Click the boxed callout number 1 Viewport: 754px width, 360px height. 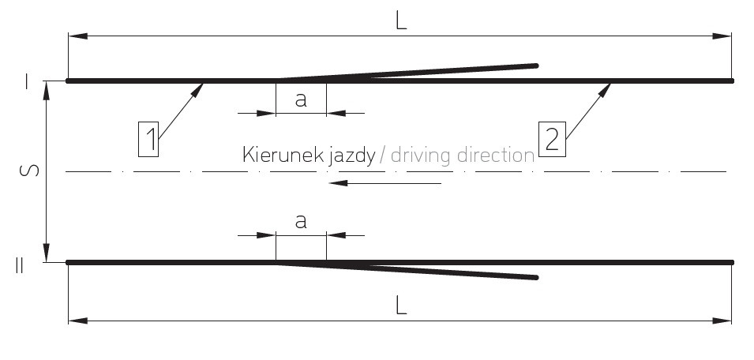click(x=148, y=139)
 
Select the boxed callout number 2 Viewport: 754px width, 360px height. click(x=552, y=139)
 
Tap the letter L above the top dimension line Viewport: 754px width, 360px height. click(x=401, y=21)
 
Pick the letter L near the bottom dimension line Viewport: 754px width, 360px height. click(x=401, y=306)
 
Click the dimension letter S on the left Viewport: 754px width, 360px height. click(x=30, y=171)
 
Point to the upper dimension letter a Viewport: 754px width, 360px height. click(x=301, y=99)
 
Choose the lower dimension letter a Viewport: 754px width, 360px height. click(x=301, y=222)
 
